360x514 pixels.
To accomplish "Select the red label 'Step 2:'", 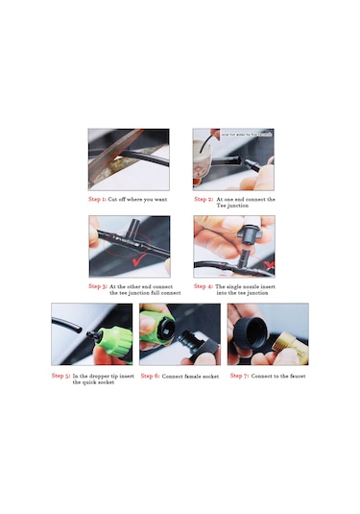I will (x=204, y=200).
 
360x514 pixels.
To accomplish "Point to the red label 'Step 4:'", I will (x=204, y=285).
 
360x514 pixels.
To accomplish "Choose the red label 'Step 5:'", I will (x=60, y=376).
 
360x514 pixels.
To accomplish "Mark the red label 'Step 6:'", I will (x=150, y=376).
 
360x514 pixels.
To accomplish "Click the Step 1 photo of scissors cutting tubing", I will (x=129, y=159).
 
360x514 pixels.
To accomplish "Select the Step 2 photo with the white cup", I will (x=233, y=159).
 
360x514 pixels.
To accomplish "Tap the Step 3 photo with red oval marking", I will (x=129, y=247).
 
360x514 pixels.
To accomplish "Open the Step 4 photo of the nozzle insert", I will (x=233, y=247).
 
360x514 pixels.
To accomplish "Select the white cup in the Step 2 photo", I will (x=204, y=154).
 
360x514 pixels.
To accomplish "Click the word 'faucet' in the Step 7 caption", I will (x=297, y=376).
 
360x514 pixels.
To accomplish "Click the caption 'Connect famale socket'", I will (x=192, y=376).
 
